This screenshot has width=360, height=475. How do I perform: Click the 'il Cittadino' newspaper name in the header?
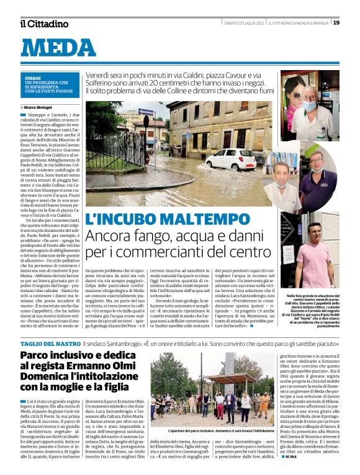tap(44, 24)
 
